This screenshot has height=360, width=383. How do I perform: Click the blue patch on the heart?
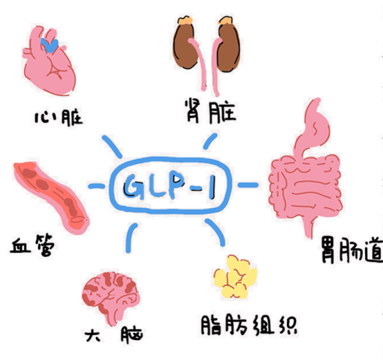coord(50,46)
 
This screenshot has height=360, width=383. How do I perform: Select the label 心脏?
coord(59,118)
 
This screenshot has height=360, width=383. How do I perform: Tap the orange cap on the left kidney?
coord(186,20)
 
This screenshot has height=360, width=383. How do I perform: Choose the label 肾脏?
coord(211,111)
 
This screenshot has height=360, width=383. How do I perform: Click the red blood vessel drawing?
coord(52,197)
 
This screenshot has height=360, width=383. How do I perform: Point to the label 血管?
coord(32,245)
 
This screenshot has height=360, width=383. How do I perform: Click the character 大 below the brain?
coord(93,336)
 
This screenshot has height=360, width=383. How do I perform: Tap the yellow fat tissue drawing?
coord(235,277)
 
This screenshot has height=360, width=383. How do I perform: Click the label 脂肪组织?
coord(249,325)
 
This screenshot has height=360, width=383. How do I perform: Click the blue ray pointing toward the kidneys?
coord(209,141)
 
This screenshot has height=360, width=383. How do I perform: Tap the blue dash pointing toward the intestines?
coord(247,185)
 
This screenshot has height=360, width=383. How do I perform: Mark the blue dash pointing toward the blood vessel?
coord(96,187)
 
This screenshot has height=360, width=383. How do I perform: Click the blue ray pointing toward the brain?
coord(131,238)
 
